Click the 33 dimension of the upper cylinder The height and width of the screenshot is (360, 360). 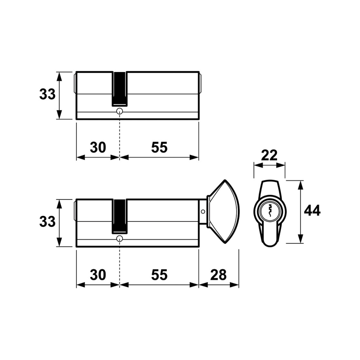tap(47, 95)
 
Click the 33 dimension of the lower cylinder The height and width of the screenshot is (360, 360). tap(47, 222)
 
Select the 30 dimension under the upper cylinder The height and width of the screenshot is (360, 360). tap(98, 147)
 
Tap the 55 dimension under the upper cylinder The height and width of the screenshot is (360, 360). tap(159, 147)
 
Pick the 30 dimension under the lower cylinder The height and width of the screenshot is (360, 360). tap(98, 275)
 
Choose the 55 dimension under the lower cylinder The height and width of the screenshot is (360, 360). tap(159, 275)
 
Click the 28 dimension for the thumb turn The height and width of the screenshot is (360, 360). tap(218, 275)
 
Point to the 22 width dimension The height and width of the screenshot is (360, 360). tap(269, 155)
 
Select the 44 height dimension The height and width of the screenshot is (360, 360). tap(312, 211)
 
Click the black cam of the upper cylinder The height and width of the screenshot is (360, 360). tap(119, 89)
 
